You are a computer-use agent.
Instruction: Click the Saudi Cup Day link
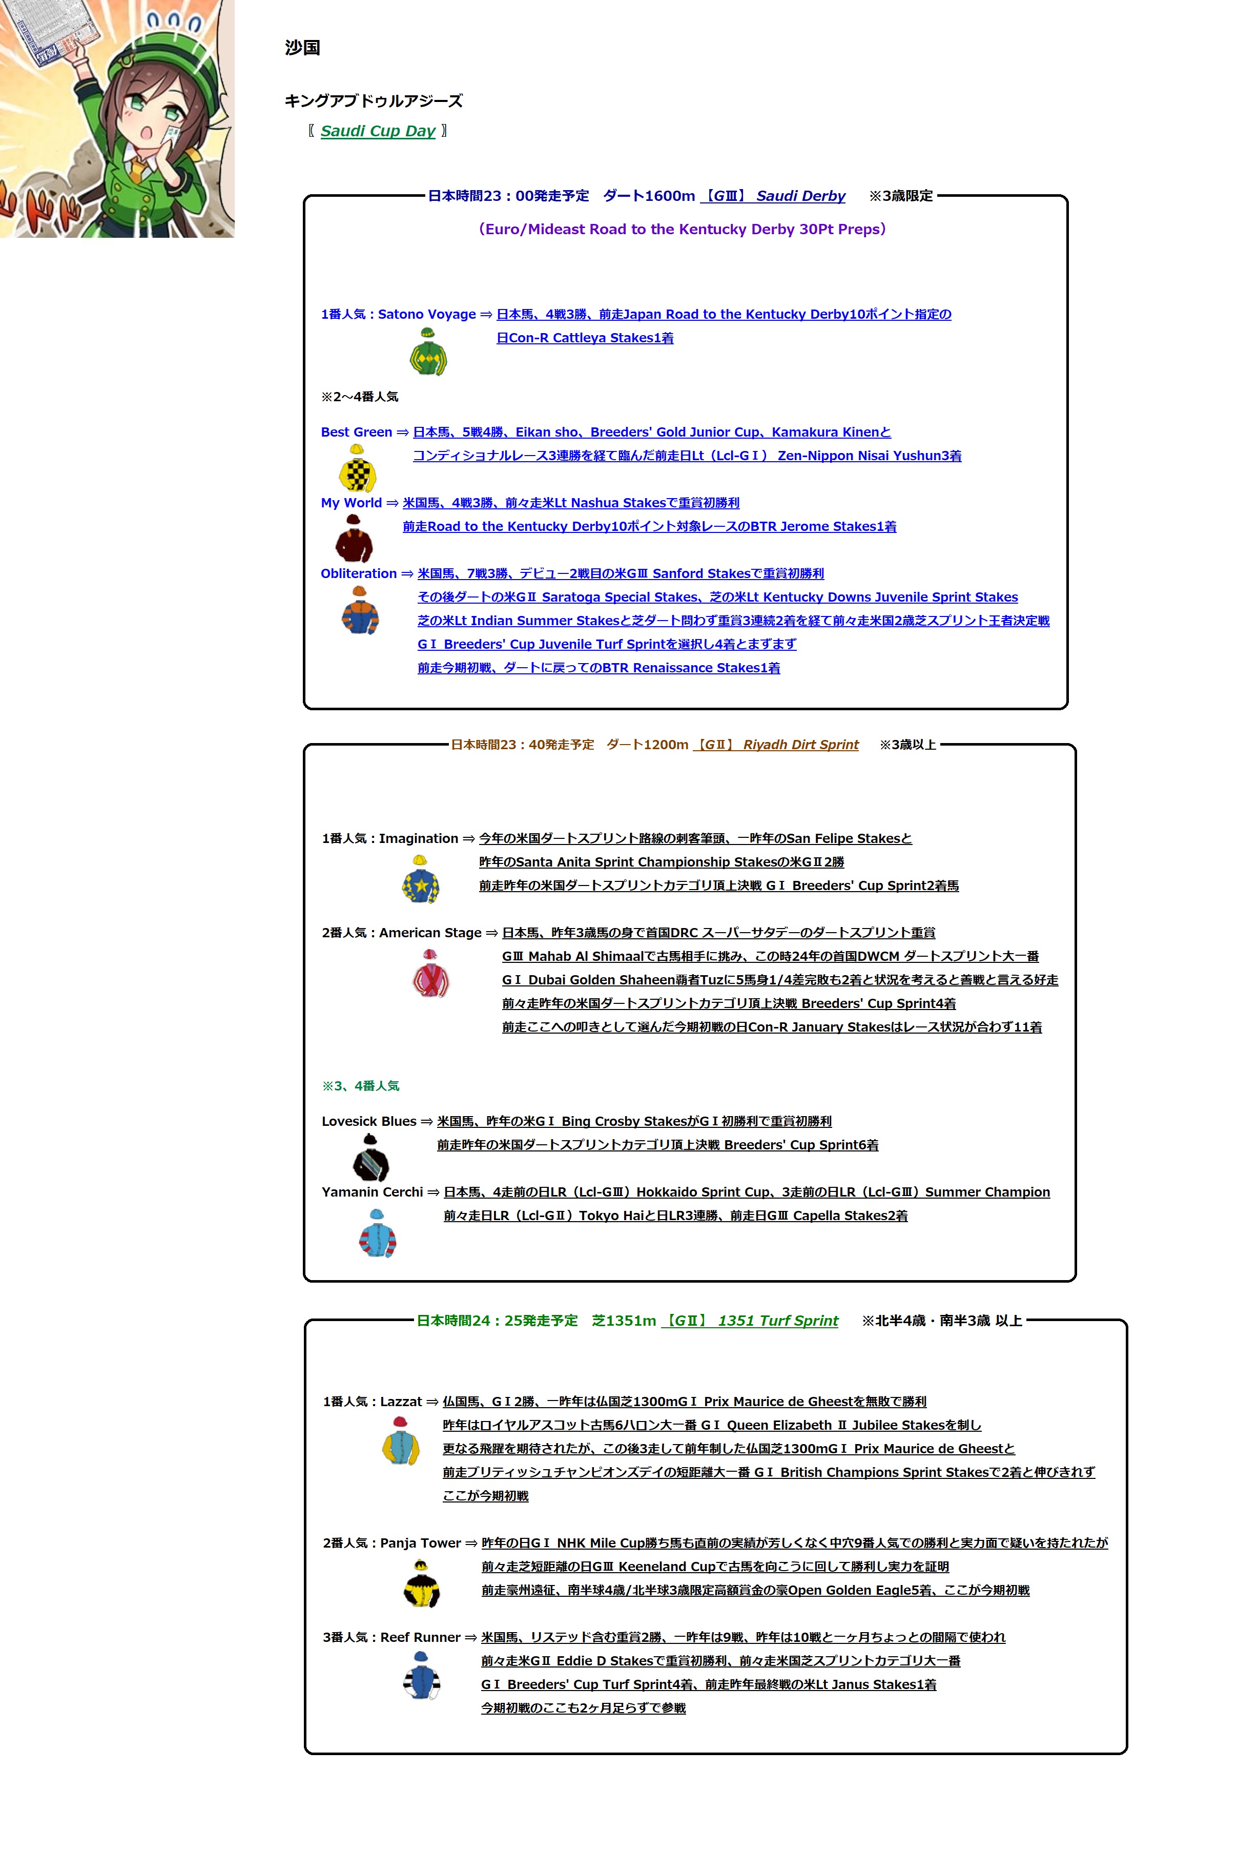tap(378, 131)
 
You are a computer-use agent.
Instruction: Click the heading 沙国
tap(302, 48)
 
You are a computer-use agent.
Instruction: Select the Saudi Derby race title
tap(800, 196)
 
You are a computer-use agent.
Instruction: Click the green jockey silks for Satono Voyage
tap(428, 352)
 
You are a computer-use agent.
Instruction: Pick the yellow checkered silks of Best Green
tap(357, 468)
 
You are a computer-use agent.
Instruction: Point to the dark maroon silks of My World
tap(354, 539)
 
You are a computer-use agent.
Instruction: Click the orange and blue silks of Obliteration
tap(360, 610)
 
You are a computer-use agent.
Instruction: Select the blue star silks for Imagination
tap(421, 879)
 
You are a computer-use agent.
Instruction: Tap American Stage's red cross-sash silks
tap(430, 974)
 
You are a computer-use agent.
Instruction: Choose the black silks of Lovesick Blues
tap(369, 1158)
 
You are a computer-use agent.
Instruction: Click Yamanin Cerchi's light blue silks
tap(378, 1233)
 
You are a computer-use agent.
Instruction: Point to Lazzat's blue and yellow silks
tap(400, 1442)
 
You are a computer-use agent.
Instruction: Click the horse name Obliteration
tap(359, 574)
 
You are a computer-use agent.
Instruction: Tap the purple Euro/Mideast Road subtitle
tap(682, 229)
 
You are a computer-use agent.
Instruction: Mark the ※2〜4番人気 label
tap(359, 396)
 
